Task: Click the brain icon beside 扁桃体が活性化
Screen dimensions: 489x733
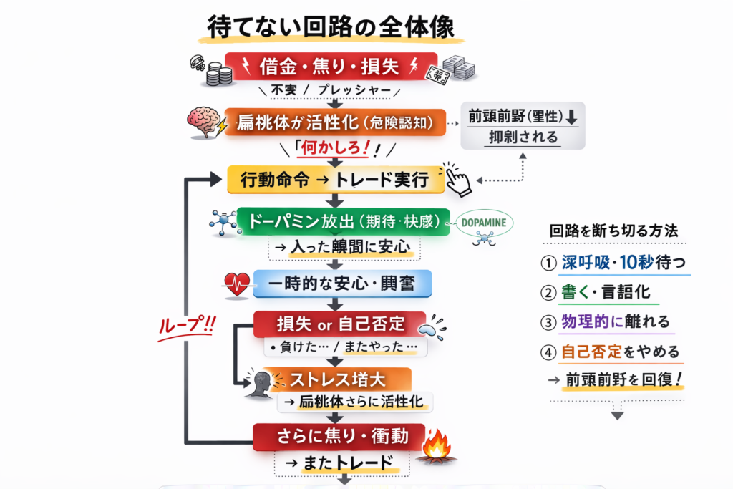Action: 205,122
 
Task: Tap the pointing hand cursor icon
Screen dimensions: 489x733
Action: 457,179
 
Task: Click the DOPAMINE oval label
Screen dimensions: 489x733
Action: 483,223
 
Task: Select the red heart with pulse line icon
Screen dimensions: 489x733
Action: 236,283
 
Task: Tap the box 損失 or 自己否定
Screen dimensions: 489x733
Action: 339,323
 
